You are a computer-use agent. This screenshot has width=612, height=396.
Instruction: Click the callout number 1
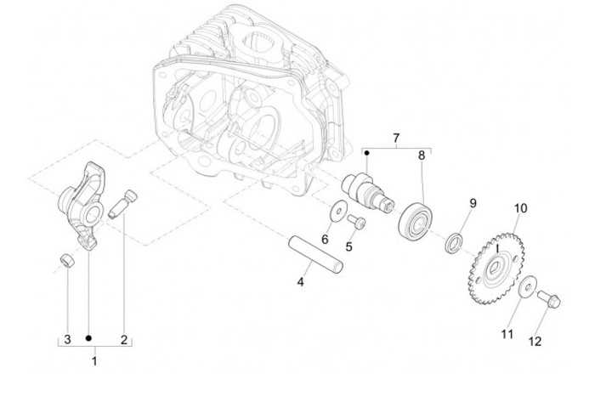pyautogui.click(x=94, y=360)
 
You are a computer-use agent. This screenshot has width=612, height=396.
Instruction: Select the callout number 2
pyautogui.click(x=124, y=339)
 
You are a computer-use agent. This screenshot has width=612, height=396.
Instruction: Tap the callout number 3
pyautogui.click(x=66, y=339)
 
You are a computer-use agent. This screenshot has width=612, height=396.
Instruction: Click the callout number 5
pyautogui.click(x=348, y=246)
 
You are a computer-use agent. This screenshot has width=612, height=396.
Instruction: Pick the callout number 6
pyautogui.click(x=324, y=239)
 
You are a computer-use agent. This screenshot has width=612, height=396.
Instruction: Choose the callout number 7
pyautogui.click(x=395, y=138)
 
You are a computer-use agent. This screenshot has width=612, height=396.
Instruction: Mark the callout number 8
pyautogui.click(x=421, y=156)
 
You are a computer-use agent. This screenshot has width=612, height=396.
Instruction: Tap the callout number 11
pyautogui.click(x=507, y=334)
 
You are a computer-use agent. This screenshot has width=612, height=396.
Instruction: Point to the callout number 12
pyautogui.click(x=535, y=342)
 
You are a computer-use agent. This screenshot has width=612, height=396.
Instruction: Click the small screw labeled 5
pyautogui.click(x=357, y=223)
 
